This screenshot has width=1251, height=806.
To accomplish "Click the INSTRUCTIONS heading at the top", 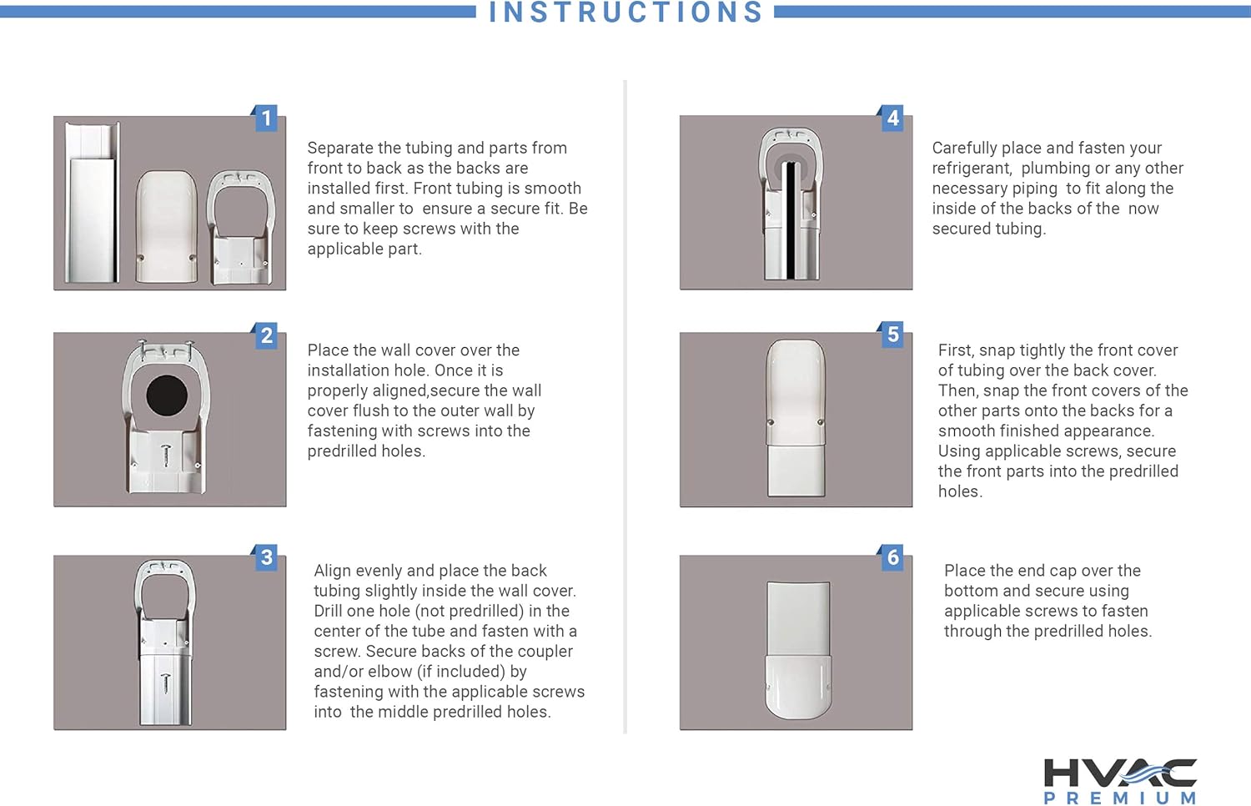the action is [625, 12].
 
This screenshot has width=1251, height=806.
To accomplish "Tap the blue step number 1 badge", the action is [266, 118].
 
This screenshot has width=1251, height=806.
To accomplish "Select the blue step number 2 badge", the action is [266, 335].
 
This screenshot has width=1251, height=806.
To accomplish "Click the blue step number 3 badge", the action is [266, 557].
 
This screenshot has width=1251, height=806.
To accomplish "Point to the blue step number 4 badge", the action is [892, 118].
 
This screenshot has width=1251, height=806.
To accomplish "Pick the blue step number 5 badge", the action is [892, 335].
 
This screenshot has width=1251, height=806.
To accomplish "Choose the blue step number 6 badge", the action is [892, 557].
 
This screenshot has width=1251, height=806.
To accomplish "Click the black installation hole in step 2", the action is [167, 395].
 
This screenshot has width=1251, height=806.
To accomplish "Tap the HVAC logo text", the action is [1120, 773].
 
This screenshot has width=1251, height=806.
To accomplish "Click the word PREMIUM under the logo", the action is [1120, 798].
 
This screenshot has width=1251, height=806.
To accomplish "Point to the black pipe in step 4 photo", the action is [791, 220].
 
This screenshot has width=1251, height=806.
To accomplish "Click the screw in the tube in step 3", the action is [165, 684].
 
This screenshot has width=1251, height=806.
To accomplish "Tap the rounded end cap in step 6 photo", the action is [798, 687].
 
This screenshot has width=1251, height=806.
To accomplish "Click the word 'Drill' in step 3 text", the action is [330, 611].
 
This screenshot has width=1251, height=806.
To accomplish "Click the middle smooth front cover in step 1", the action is [167, 226].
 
